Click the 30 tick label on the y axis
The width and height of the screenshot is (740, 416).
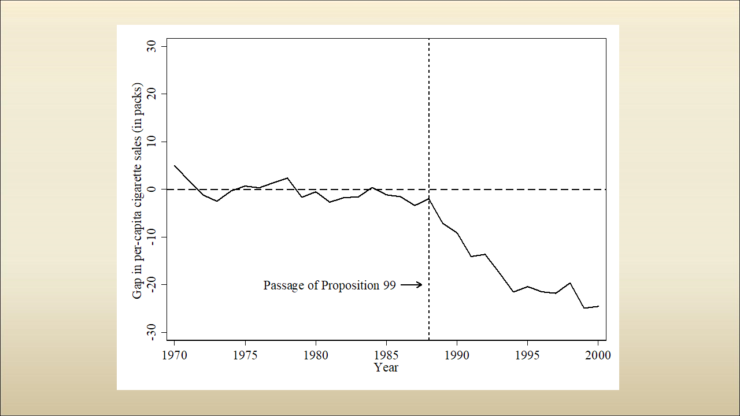tap(153, 46)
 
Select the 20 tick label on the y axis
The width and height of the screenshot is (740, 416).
tap(153, 94)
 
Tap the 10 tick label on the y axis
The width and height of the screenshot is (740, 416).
tap(153, 142)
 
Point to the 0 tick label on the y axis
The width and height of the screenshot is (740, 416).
tap(153, 189)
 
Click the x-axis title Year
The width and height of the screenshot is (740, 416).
tap(386, 367)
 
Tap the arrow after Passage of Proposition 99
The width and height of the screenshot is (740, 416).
tap(411, 285)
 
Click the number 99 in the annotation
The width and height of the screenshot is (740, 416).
tap(389, 285)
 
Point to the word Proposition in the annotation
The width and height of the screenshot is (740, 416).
tap(351, 285)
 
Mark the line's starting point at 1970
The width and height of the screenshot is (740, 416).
tap(174, 165)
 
